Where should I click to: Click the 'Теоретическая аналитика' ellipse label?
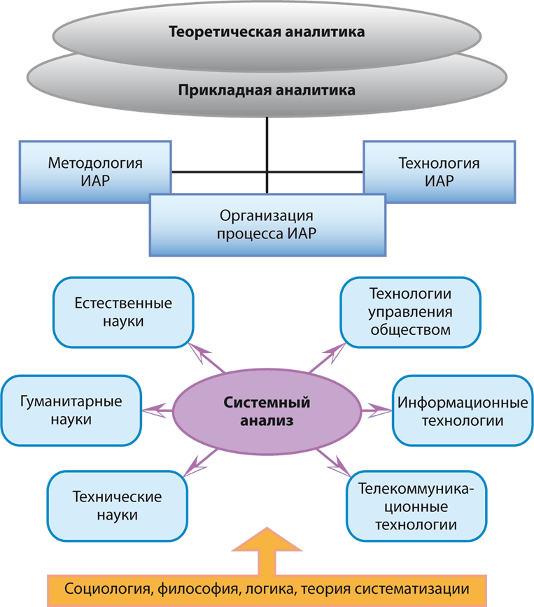[267, 31]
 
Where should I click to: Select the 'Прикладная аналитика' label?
[267, 90]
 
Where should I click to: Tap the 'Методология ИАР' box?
[95, 171]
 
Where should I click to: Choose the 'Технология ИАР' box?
[439, 171]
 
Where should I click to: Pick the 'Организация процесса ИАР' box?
[267, 224]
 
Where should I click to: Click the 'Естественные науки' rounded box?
[122, 312]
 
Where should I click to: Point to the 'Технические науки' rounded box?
[117, 506]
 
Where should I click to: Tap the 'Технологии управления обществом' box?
[410, 311]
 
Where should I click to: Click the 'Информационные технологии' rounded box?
[461, 411]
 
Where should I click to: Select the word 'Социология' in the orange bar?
[103, 587]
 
